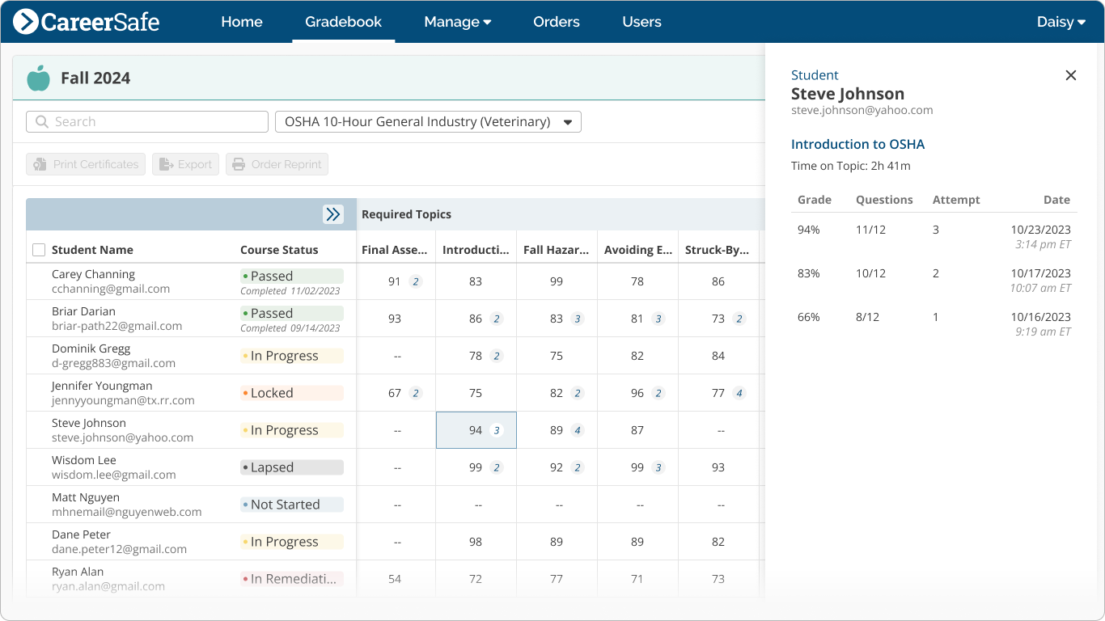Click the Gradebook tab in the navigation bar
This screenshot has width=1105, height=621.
click(343, 22)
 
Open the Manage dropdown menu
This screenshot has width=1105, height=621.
click(457, 22)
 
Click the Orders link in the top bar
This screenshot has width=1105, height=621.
click(556, 22)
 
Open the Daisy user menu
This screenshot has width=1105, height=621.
click(1061, 22)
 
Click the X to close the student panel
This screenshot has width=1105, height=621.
click(1070, 75)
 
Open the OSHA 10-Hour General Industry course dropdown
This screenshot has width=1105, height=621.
click(428, 122)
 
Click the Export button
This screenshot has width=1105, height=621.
click(185, 164)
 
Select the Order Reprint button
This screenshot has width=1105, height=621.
click(277, 164)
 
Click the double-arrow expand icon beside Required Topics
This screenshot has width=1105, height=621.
click(332, 214)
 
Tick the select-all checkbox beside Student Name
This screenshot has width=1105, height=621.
click(39, 250)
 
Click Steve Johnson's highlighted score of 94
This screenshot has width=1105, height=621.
click(476, 430)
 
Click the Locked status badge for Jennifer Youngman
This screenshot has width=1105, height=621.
click(291, 393)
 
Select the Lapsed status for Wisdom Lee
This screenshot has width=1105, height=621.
click(291, 467)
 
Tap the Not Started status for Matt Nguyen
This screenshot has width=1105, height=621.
click(291, 505)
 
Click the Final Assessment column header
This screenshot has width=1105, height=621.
click(394, 250)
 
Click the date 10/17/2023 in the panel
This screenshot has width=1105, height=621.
click(1040, 273)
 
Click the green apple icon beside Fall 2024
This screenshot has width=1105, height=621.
click(38, 78)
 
